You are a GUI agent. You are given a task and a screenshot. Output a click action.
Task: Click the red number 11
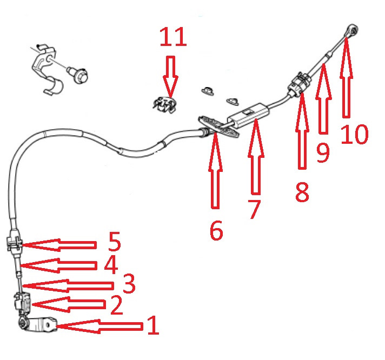pos(173,37)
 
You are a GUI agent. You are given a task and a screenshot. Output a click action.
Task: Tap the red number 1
pos(154,325)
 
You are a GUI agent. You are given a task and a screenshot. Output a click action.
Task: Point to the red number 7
pos(254,209)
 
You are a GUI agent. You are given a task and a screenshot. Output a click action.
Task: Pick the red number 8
pos(302,192)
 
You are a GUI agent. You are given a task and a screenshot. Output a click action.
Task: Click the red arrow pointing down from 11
pos(171,77)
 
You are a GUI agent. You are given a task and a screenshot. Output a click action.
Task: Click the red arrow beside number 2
pos(69,304)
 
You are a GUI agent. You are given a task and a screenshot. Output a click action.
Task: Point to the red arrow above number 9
pos(323,98)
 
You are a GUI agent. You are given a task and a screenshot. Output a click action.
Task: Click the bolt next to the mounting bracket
pos(78,75)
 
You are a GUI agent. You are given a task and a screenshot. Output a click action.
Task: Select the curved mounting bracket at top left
pos(47,70)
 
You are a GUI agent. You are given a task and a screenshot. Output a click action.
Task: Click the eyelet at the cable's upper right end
pos(353,31)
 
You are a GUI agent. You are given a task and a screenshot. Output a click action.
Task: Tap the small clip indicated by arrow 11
pos(164,105)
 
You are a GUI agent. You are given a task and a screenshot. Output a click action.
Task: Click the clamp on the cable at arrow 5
pos(14,243)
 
